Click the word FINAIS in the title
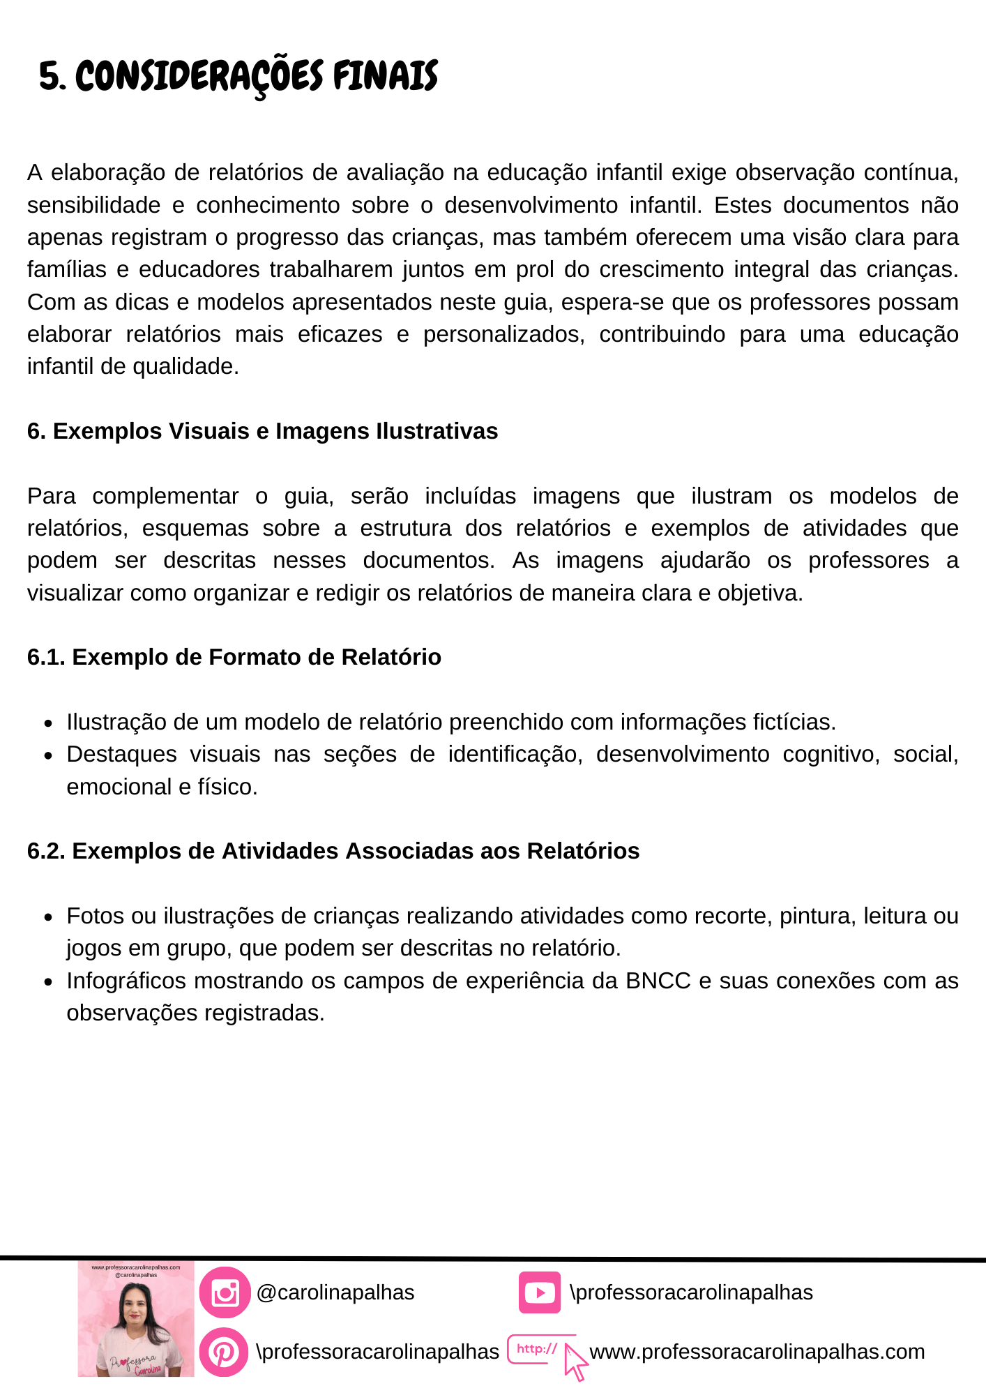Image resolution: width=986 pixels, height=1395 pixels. pos(385,76)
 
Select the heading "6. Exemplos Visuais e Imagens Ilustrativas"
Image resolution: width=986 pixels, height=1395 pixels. pos(262,431)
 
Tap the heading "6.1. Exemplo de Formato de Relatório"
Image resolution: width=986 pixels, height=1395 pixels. pos(234,657)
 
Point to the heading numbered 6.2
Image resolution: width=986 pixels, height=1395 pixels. pos(333,851)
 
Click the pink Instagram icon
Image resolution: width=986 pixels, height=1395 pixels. pos(225,1292)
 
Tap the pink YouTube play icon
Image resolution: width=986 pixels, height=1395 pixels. pos(539,1292)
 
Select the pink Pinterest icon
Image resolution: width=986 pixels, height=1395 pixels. pos(224,1352)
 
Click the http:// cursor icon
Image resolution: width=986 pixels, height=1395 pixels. pos(547,1353)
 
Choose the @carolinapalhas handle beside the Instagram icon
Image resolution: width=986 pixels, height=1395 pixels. pos(335,1292)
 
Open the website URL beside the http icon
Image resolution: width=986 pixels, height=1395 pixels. pos(757,1352)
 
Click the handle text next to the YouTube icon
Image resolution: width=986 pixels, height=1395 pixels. pos(691,1292)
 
